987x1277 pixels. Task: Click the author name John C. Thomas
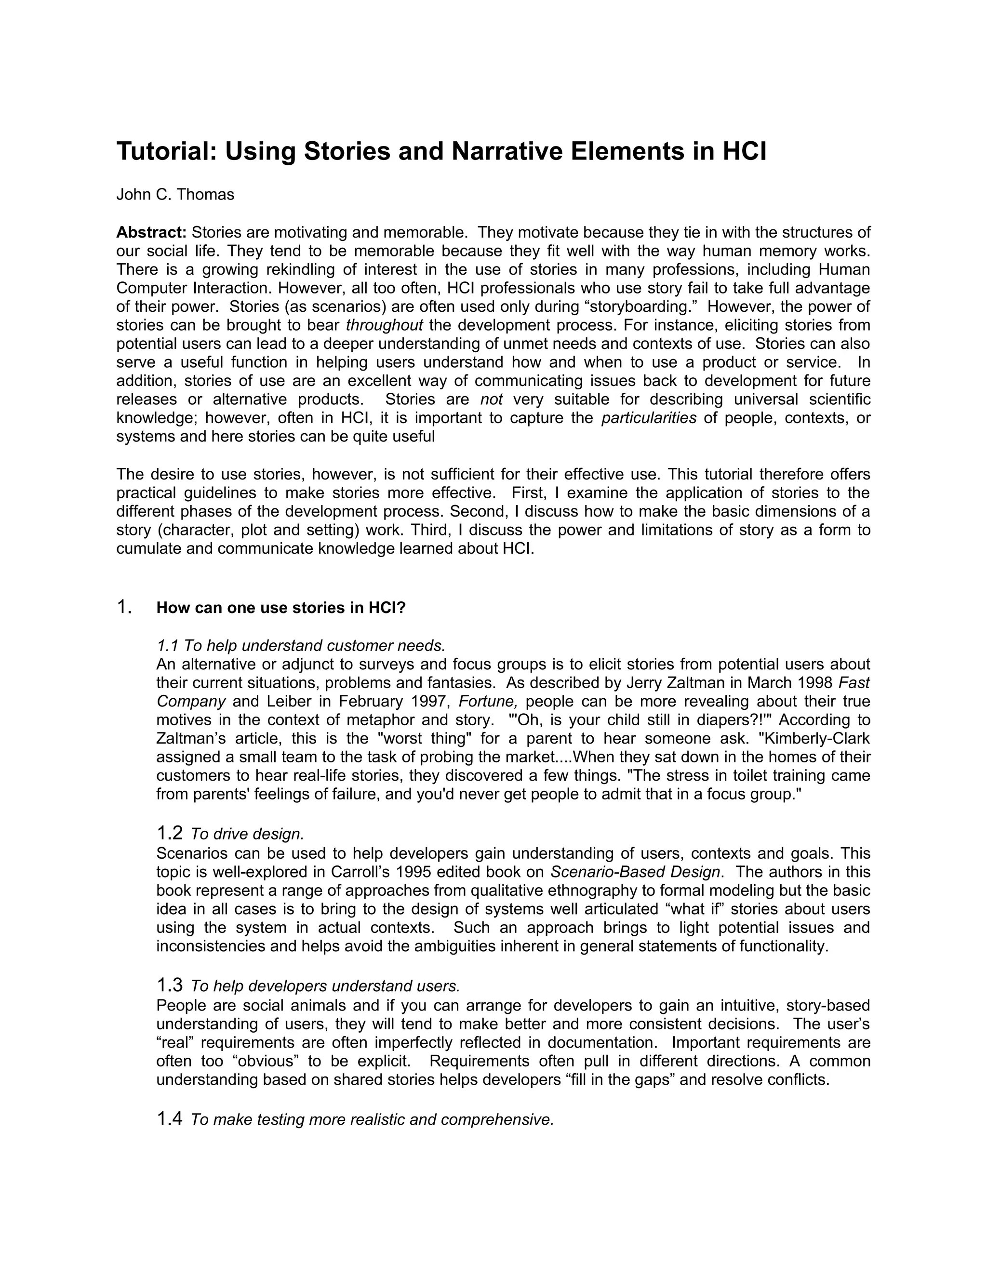[x=175, y=195]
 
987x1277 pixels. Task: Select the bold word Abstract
[x=151, y=233]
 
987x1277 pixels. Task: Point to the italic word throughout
[x=384, y=325]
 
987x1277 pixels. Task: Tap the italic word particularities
[x=649, y=418]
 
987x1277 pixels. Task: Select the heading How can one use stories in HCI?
[x=280, y=608]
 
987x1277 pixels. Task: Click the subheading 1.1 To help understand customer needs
[x=301, y=646]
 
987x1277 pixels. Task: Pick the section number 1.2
[x=170, y=833]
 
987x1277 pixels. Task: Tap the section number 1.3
[x=170, y=986]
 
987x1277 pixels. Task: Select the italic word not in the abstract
[x=491, y=399]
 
